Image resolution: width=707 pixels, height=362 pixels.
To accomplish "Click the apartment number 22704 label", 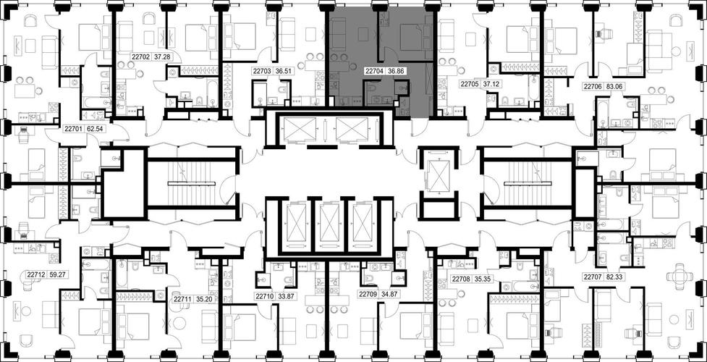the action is click(374, 71).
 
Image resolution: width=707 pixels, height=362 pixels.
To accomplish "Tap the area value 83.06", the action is click(615, 87).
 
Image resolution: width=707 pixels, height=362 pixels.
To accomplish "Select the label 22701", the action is click(72, 129).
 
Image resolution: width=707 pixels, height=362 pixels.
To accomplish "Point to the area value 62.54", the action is click(94, 129).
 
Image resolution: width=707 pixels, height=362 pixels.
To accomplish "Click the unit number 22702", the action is click(140, 57).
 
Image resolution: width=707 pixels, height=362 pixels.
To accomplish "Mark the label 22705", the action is click(469, 83).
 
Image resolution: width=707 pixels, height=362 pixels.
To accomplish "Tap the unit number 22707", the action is click(593, 277).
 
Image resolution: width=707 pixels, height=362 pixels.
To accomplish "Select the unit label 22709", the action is click(368, 295).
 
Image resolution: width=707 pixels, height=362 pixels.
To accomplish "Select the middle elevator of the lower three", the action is click(329, 223).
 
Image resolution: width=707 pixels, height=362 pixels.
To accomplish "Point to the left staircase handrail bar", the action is click(192, 183).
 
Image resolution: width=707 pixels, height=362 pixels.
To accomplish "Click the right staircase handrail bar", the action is click(528, 183).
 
